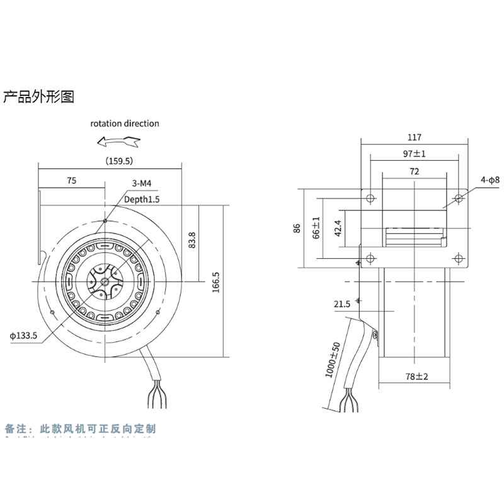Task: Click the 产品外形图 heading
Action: [x=39, y=97]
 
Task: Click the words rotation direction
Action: [x=124, y=123]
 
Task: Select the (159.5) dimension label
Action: [x=117, y=161]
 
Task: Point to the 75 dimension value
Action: [x=71, y=181]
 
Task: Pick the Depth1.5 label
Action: [x=142, y=199]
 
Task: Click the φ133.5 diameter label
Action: [x=24, y=336]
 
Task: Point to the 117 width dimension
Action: [x=414, y=137]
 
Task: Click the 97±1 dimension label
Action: [x=415, y=154]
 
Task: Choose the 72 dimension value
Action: [x=414, y=171]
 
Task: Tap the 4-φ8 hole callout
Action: [x=489, y=180]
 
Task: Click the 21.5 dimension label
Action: [x=342, y=305]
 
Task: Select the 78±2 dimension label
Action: [x=416, y=377]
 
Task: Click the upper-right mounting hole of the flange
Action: [x=459, y=198]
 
